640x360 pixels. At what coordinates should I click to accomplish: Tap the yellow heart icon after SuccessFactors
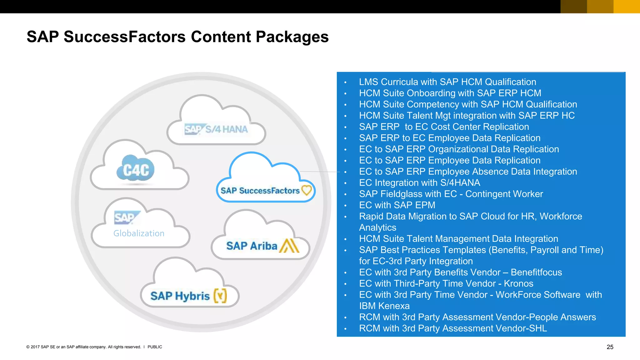(x=307, y=190)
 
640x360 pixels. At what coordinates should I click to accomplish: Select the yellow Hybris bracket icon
(x=220, y=295)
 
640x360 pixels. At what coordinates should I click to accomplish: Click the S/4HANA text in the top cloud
(x=226, y=129)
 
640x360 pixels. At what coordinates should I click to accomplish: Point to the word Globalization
(x=139, y=233)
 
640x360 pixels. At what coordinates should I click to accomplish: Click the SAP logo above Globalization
(x=126, y=217)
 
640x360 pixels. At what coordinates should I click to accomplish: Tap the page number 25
(x=610, y=347)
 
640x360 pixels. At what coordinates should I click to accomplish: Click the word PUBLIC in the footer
(x=155, y=347)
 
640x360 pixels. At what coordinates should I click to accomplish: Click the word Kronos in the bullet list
(x=518, y=283)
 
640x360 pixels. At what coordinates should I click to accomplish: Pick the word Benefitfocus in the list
(x=536, y=272)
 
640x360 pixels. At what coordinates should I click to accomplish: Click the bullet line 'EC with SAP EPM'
(x=397, y=205)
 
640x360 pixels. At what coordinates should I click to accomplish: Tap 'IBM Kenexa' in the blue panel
(x=384, y=306)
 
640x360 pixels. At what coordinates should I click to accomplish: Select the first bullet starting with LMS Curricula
(x=447, y=82)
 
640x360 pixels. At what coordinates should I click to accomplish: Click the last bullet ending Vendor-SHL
(x=453, y=328)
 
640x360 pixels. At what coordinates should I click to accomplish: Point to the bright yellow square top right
(x=627, y=7)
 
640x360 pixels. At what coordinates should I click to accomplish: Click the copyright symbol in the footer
(x=28, y=347)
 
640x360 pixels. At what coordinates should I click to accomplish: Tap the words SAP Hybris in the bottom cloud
(x=180, y=296)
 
